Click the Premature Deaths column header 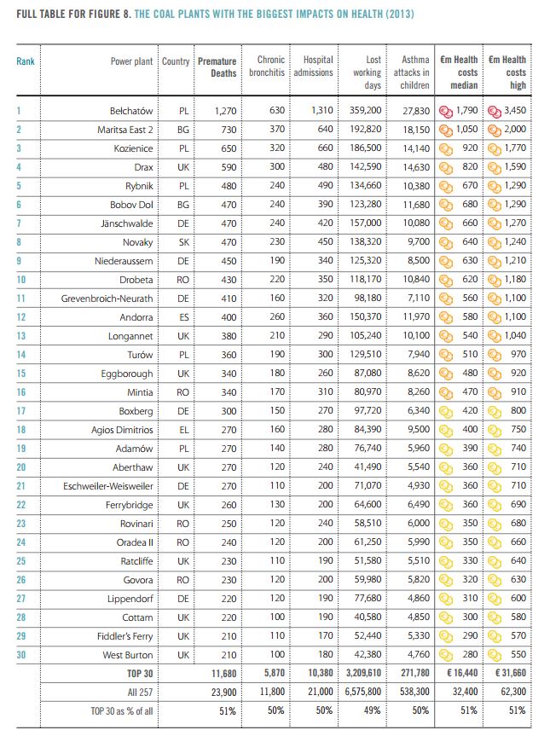click(x=217, y=67)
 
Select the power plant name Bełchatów click(x=131, y=111)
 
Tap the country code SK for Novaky click(x=183, y=242)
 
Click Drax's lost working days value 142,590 click(x=365, y=166)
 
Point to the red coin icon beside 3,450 click(x=495, y=111)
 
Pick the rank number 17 click(x=21, y=411)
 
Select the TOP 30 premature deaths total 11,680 click(x=224, y=674)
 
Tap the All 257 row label click(x=140, y=693)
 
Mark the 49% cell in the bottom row click(x=372, y=710)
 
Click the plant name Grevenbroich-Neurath click(x=107, y=298)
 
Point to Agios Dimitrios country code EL click(x=184, y=430)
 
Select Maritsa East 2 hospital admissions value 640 click(x=325, y=129)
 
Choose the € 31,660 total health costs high click(x=511, y=673)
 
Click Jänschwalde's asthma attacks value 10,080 click(x=416, y=223)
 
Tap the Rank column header click(x=26, y=61)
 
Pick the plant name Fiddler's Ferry click(x=124, y=636)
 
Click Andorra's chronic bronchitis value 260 click(x=277, y=317)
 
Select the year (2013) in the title click(x=400, y=14)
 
